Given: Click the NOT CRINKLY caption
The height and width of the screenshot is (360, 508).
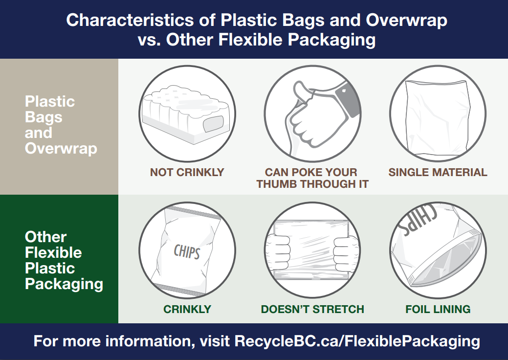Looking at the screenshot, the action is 187,172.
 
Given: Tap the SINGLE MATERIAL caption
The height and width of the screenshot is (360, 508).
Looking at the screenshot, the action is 438,172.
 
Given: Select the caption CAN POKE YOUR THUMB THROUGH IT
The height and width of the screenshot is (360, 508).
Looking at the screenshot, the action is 312,178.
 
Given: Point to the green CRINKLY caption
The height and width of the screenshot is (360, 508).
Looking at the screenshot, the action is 187,309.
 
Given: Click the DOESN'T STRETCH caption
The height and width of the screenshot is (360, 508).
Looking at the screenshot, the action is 312,309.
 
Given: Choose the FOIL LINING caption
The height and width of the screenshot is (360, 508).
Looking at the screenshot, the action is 438,309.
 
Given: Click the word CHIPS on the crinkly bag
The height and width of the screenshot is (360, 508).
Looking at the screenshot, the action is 187,251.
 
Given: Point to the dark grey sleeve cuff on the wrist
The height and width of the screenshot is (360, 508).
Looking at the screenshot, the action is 347,99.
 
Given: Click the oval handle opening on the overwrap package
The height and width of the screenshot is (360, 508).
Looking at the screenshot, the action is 213,124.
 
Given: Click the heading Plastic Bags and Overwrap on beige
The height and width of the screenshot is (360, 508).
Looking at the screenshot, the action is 61,125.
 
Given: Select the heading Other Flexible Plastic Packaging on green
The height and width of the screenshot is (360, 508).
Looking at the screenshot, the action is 64,260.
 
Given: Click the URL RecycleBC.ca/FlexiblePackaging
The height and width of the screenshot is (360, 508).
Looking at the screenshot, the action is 357,341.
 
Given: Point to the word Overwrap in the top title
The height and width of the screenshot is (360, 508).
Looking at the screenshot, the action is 407,20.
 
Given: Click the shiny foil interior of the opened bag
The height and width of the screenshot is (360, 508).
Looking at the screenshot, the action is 447,259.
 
